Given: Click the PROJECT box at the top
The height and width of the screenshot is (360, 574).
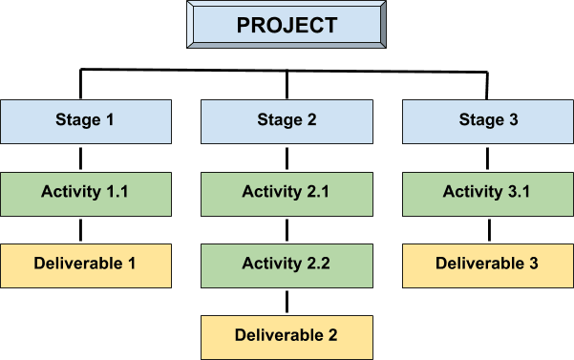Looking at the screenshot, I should (287, 26).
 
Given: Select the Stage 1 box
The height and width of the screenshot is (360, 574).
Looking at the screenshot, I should (85, 120).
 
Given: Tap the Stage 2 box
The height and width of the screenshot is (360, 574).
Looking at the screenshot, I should (287, 120).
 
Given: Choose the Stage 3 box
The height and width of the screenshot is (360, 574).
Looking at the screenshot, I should (488, 120).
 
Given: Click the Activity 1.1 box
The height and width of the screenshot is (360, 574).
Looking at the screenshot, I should (85, 192).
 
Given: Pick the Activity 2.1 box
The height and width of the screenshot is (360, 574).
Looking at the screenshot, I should (287, 192).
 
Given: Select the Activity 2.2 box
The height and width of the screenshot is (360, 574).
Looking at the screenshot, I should (287, 265).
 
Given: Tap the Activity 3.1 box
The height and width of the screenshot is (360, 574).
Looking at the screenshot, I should (488, 192).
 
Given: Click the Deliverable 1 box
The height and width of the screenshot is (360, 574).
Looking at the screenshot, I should (85, 265).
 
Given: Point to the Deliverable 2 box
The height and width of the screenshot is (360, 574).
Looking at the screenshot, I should (287, 336).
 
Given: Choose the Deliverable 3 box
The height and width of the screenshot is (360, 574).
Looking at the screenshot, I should (488, 265).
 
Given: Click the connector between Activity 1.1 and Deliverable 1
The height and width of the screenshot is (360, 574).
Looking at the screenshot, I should (81, 229).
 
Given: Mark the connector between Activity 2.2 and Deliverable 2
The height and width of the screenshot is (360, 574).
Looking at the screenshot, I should (287, 301).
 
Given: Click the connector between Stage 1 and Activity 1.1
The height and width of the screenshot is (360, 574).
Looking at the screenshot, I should (81, 157).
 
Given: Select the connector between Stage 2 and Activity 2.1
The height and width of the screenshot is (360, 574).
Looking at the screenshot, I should (287, 157).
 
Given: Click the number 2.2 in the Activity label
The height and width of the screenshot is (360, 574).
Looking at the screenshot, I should (317, 265).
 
